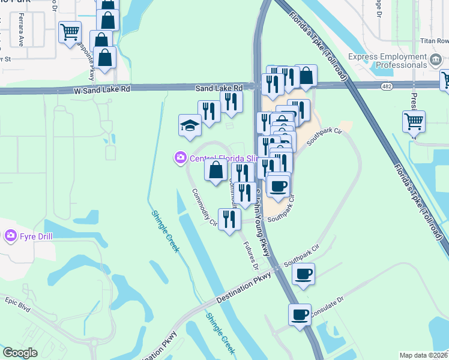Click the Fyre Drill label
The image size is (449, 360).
[35, 236]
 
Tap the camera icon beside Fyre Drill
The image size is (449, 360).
[10, 236]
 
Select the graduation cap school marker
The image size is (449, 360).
[190, 126]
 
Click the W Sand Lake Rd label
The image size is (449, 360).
[102, 88]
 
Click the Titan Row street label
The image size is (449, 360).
[435, 41]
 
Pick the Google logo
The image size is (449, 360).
[20, 353]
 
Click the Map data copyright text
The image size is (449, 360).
[423, 355]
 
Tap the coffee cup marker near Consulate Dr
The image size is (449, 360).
[300, 314]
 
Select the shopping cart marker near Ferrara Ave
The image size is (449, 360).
[70, 31]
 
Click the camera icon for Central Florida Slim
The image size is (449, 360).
[180, 158]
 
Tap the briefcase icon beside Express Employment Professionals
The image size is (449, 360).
[436, 60]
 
